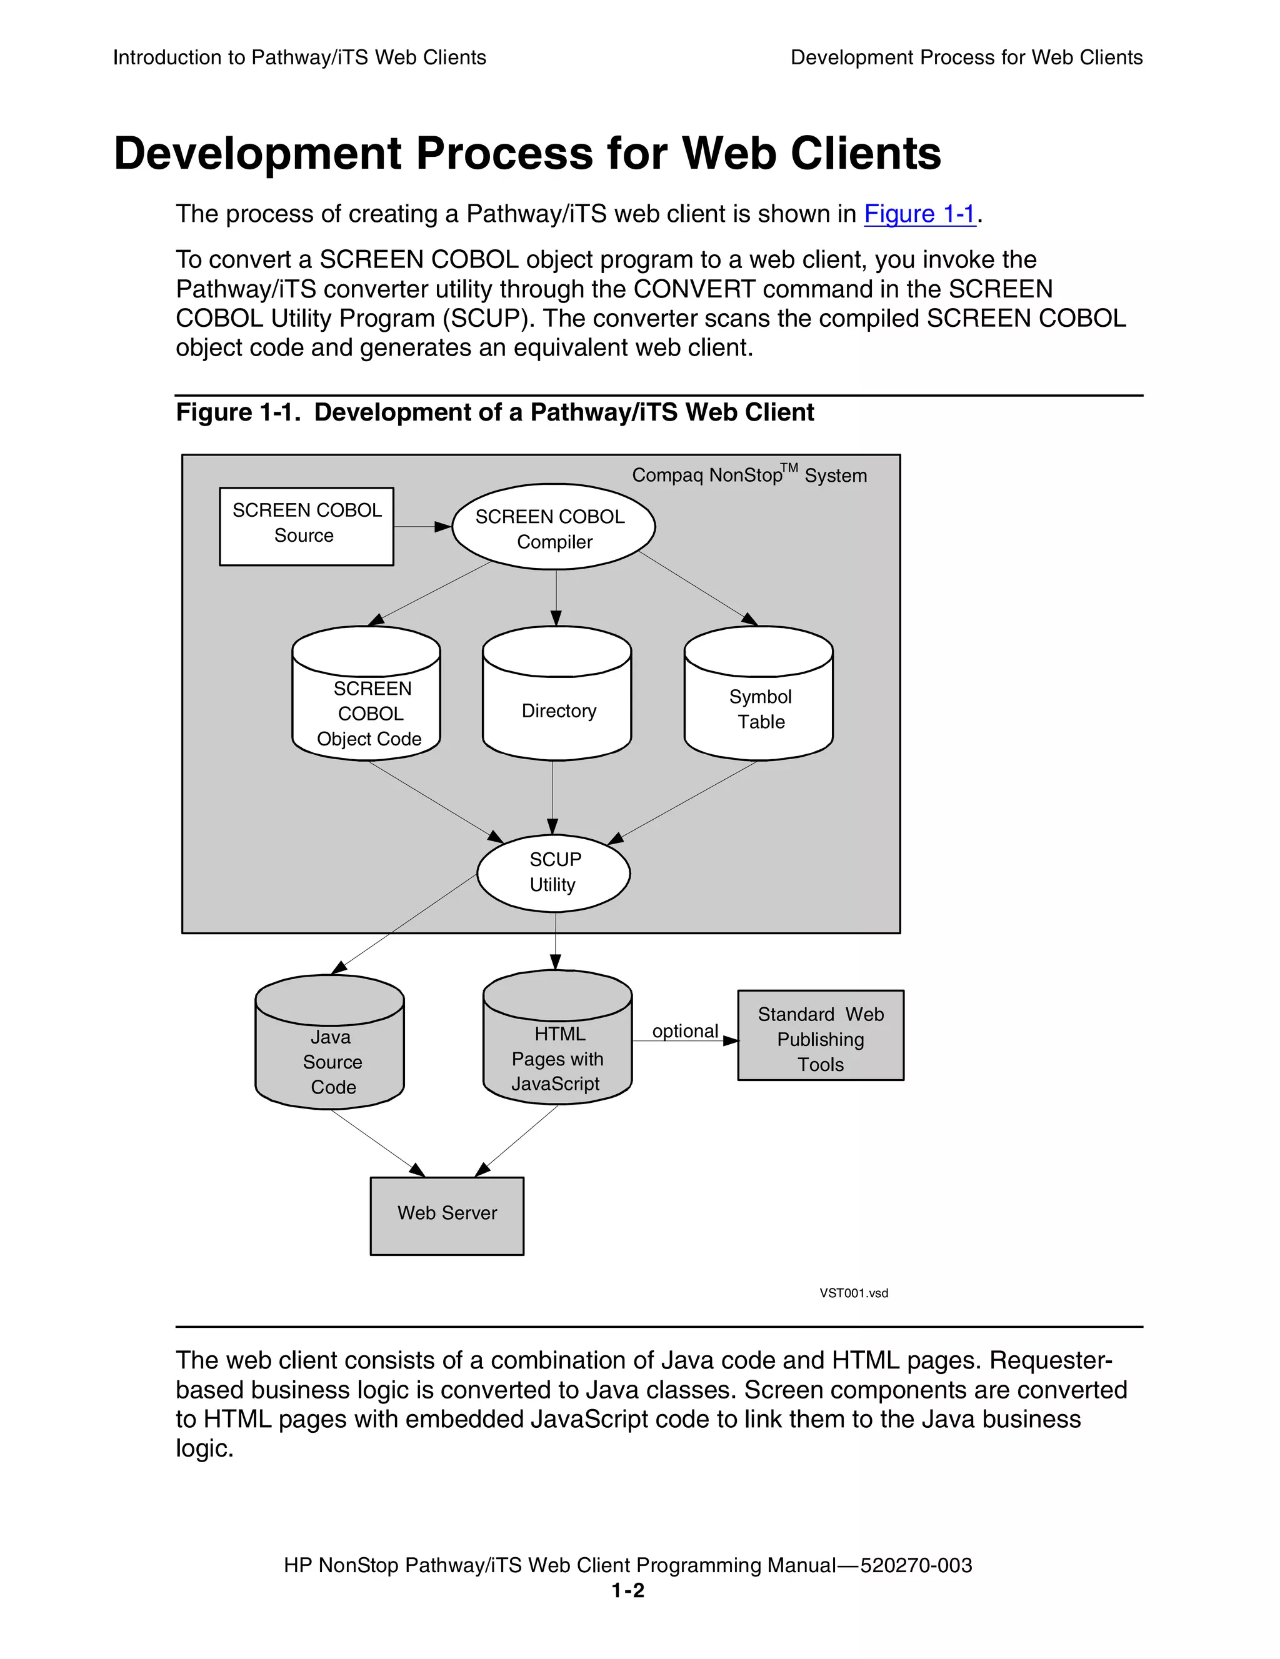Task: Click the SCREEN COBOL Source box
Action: point(306,526)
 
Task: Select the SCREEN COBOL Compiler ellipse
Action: point(553,527)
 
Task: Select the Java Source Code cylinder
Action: point(329,1053)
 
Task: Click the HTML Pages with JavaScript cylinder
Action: point(557,1049)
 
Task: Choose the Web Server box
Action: point(447,1215)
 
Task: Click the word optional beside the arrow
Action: point(684,1031)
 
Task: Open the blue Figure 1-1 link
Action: point(919,214)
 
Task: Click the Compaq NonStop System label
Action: point(749,475)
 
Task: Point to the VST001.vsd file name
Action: point(853,1293)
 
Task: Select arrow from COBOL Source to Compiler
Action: point(422,526)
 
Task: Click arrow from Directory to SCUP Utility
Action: point(552,797)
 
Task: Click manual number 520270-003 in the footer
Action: point(916,1565)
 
